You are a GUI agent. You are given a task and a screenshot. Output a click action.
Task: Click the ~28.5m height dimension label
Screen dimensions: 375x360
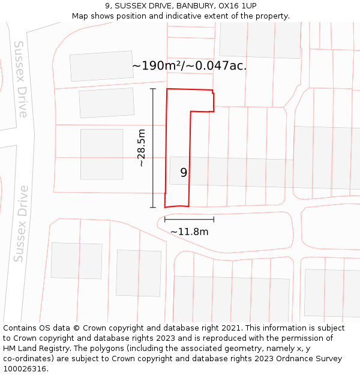(x=142, y=148)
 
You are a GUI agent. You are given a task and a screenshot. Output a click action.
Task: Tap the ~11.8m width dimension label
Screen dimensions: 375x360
(x=189, y=232)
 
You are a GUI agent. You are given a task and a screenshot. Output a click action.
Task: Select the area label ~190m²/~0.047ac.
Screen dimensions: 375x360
(x=189, y=66)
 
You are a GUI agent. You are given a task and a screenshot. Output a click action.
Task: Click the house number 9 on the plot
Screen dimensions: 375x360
(x=184, y=173)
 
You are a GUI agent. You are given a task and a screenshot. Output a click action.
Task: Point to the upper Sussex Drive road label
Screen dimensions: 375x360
(x=22, y=79)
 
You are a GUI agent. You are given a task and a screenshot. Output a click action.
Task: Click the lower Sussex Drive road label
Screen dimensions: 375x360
(x=22, y=223)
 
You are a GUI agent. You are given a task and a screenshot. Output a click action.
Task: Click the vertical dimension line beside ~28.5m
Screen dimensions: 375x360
(x=153, y=148)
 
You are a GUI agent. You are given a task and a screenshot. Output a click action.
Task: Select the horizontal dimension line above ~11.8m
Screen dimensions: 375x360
(x=189, y=220)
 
